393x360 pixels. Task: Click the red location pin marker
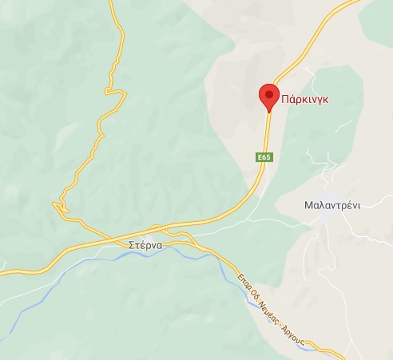point(268,97)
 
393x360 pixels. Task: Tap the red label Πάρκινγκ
point(306,100)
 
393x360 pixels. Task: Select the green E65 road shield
point(264,158)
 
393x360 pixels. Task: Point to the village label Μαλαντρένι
point(332,204)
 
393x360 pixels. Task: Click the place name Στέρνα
point(145,245)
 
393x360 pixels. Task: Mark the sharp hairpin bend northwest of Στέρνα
point(55,205)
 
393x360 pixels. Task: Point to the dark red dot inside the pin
point(268,94)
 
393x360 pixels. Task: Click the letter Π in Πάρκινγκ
point(285,100)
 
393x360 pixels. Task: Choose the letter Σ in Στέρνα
point(130,245)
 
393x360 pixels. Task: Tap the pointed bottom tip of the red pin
point(268,110)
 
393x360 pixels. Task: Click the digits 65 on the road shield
point(266,158)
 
